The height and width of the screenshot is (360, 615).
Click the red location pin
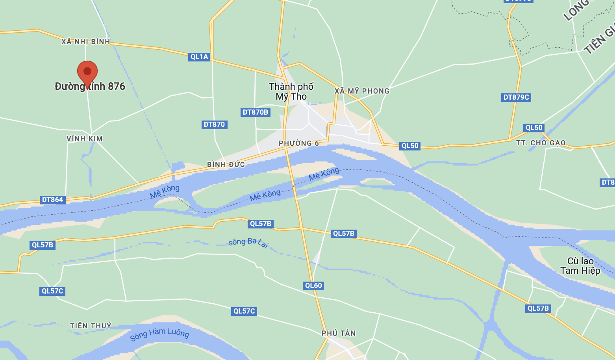(x=87, y=72)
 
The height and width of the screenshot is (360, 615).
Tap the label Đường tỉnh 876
(x=90, y=87)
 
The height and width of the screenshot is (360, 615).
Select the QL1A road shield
(x=199, y=57)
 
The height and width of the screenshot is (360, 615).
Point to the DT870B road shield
(x=256, y=112)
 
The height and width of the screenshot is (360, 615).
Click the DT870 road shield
(x=214, y=124)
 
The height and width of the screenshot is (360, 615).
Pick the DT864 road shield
(x=53, y=200)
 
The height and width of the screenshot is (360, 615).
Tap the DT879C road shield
(x=516, y=97)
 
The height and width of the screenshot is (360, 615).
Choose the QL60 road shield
(x=313, y=286)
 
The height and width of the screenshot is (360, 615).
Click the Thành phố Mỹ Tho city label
(x=291, y=91)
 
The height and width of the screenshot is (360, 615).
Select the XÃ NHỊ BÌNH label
(x=86, y=42)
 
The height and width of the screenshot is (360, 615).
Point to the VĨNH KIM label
(x=85, y=139)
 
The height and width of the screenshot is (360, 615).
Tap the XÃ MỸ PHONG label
(x=362, y=91)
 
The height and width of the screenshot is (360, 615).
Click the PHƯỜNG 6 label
(x=299, y=143)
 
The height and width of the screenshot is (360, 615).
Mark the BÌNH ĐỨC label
(x=226, y=165)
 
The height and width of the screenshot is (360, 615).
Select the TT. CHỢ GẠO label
(x=541, y=143)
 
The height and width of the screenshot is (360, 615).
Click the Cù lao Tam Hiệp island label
(x=580, y=266)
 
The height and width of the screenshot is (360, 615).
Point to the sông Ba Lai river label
(x=248, y=242)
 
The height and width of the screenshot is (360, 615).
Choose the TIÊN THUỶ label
(x=91, y=326)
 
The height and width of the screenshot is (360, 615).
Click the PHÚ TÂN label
(x=339, y=333)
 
